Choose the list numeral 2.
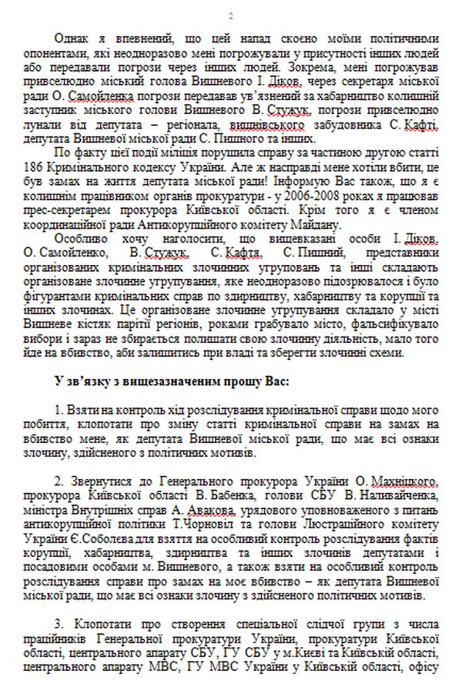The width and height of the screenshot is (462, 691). [x=60, y=483]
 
